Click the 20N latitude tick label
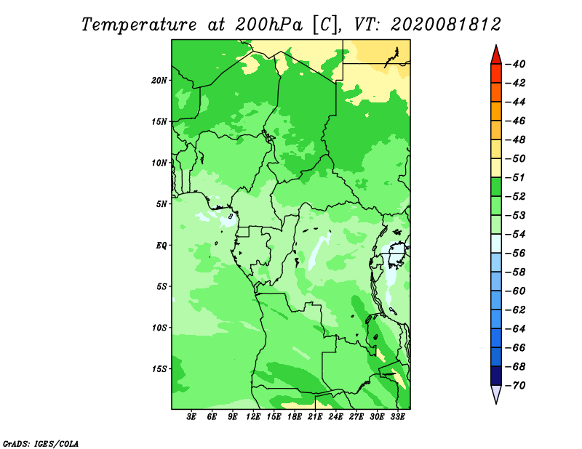click(x=159, y=81)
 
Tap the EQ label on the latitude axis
click(x=162, y=246)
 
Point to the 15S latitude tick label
click(x=159, y=369)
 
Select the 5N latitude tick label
click(x=162, y=204)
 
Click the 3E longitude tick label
click(x=191, y=416)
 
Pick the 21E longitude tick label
click(x=315, y=416)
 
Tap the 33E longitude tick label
click(x=397, y=416)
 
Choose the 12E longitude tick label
click(x=253, y=416)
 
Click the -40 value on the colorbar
click(x=516, y=64)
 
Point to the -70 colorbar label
click(x=516, y=386)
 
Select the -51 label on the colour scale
click(x=516, y=177)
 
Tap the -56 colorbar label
click(x=516, y=254)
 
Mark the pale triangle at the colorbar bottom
click(x=496, y=394)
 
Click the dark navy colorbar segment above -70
click(x=496, y=376)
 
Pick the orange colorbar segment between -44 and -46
click(x=496, y=111)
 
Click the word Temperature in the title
click(x=138, y=25)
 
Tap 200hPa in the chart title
click(x=268, y=25)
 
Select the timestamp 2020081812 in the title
click(x=445, y=25)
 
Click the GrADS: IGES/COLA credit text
click(x=41, y=444)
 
